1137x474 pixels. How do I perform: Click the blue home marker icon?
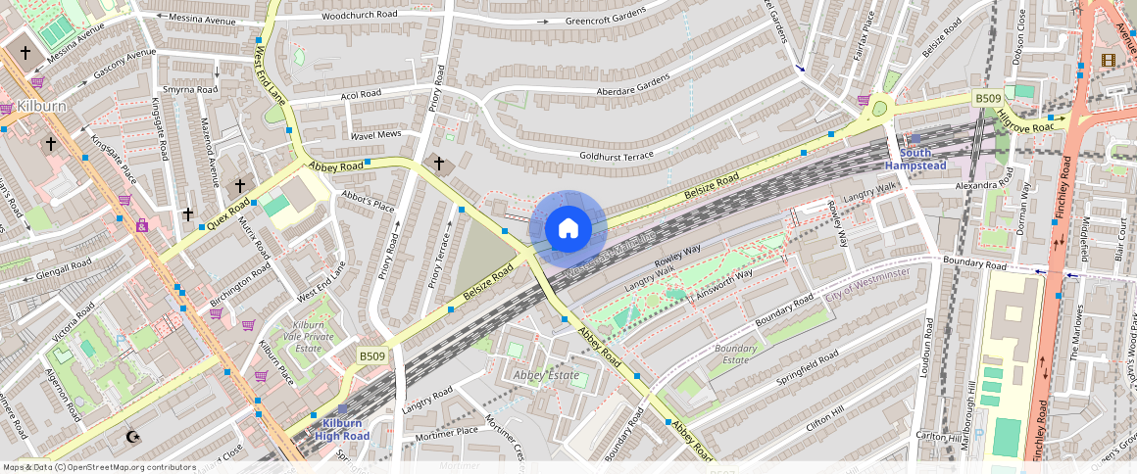pyautogui.click(x=568, y=229)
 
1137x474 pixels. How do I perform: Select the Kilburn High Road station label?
pyautogui.click(x=342, y=429)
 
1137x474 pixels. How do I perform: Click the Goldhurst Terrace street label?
pyautogui.click(x=617, y=156)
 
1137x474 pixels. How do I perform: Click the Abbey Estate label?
pyautogui.click(x=546, y=375)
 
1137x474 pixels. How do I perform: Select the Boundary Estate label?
pyautogui.click(x=736, y=355)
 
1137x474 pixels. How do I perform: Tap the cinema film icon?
pyautogui.click(x=1108, y=61)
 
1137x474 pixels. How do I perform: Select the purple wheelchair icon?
pyautogui.click(x=142, y=225)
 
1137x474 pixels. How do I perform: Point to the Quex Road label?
pyautogui.click(x=229, y=210)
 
